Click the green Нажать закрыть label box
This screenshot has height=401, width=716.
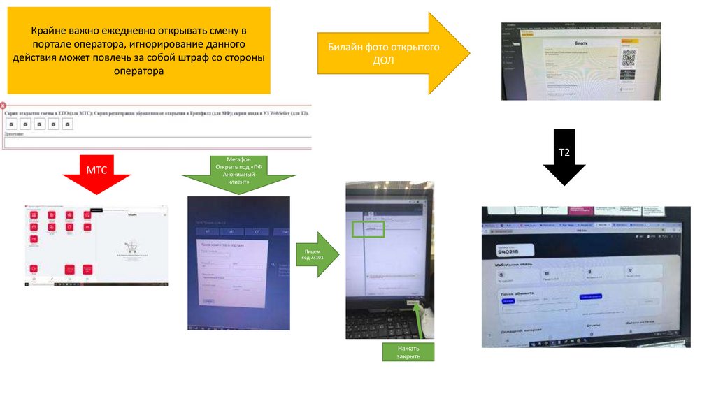coord(408,351)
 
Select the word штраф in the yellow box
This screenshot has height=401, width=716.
coord(200,58)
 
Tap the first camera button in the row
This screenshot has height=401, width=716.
coord(11,124)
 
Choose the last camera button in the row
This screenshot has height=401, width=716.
coord(67,124)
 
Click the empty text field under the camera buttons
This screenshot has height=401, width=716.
coord(157,143)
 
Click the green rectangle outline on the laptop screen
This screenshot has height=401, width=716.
coord(368,229)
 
